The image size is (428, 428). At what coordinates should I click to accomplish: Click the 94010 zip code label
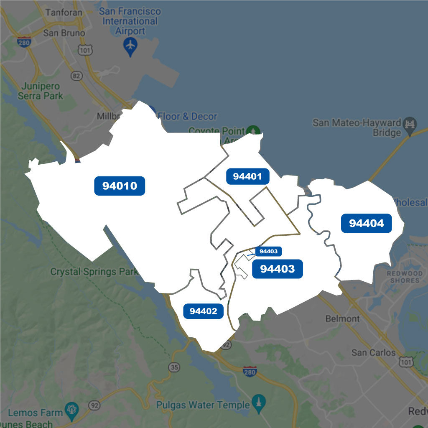(120, 186)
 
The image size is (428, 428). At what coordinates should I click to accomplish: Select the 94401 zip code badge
(247, 176)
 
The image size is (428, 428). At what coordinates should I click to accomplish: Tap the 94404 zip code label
(366, 224)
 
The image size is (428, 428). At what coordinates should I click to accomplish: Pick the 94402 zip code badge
(203, 311)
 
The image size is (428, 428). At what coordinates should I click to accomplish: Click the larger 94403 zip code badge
(277, 269)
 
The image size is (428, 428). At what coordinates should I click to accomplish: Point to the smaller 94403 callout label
(268, 251)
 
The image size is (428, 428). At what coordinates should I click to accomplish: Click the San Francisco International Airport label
(130, 21)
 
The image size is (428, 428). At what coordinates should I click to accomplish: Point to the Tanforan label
(64, 12)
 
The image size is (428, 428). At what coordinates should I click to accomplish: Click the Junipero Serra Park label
(41, 91)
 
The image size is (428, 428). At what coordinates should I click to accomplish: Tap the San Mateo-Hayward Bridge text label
(357, 128)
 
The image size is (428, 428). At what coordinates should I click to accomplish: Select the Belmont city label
(342, 318)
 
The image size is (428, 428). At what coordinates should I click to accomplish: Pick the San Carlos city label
(373, 352)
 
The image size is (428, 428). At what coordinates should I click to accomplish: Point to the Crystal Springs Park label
(94, 272)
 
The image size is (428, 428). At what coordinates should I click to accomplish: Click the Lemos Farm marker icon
(72, 408)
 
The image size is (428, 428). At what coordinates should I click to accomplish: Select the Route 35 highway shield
(175, 367)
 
